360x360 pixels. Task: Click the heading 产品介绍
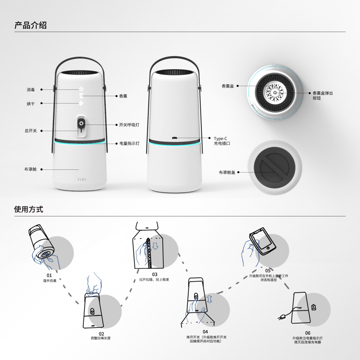pos(30,25)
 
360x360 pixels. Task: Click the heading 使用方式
pos(28,209)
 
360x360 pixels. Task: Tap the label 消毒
pos(31,90)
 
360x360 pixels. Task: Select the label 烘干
pos(31,104)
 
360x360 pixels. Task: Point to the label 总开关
pos(31,131)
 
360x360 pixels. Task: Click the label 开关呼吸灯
pos(129,125)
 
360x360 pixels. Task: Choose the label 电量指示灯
pos(129,143)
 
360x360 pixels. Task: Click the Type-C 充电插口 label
pos(222,141)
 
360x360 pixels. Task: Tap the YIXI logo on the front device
pos(81,179)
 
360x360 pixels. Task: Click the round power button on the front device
pos(81,123)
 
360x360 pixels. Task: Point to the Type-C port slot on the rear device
pos(175,138)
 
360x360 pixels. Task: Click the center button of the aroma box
pos(275,93)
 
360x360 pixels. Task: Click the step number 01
pos(49,275)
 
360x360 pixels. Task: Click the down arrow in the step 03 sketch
pos(155,246)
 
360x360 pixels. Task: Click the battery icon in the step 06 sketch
pos(313,307)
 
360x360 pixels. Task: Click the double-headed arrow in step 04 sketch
pos(209,298)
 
